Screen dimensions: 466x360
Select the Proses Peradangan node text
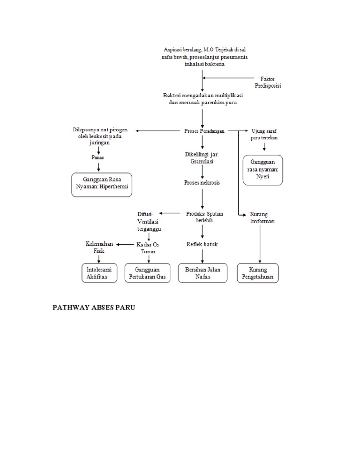[204, 131]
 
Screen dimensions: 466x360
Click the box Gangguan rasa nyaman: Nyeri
[262, 170]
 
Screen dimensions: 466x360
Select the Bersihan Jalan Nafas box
[203, 273]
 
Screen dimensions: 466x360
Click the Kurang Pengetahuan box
[258, 273]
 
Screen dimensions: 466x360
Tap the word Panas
[98, 158]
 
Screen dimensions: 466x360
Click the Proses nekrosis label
[202, 182]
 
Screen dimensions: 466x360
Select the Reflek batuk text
[202, 244]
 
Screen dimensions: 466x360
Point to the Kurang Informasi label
[262, 218]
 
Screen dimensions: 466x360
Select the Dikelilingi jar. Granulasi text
[202, 158]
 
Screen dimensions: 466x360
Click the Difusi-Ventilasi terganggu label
[149, 221]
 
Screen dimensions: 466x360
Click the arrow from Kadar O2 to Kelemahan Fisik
[125, 244]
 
